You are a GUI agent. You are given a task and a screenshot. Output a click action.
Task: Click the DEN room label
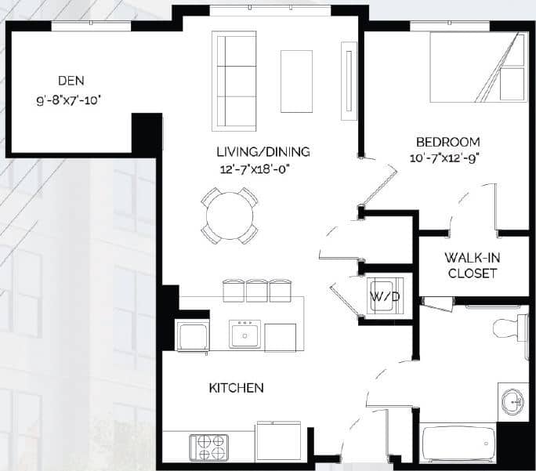[x=71, y=81]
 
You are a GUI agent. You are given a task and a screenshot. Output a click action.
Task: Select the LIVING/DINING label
[x=263, y=151]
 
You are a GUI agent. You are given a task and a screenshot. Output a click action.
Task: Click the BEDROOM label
[x=447, y=142]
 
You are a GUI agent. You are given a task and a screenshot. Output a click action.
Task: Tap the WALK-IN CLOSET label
[x=471, y=265]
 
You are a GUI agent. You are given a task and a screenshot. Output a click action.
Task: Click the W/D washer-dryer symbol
[x=383, y=296]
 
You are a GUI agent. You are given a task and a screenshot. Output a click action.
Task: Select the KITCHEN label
[x=236, y=388]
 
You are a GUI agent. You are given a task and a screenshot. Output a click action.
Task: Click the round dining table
[x=230, y=214]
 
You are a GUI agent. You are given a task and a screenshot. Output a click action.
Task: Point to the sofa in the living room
[x=230, y=81]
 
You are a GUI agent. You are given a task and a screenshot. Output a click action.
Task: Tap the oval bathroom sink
[x=512, y=403]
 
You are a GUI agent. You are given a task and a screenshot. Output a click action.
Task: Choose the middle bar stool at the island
[x=258, y=290]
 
